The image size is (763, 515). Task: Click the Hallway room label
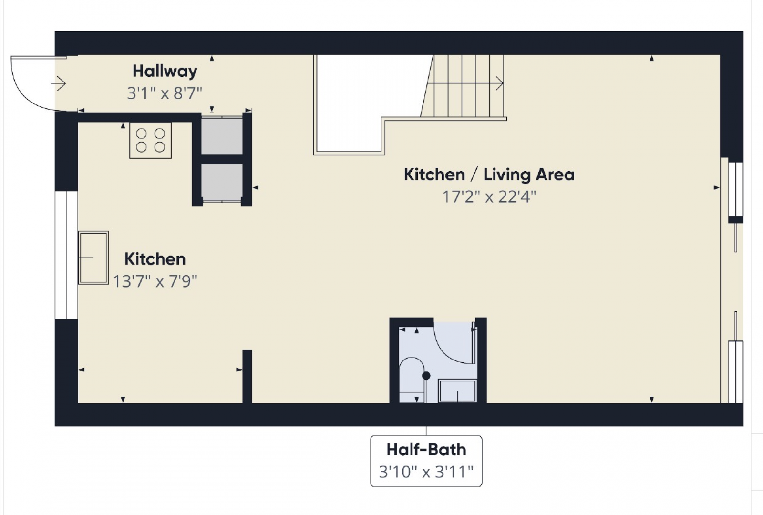tap(165, 71)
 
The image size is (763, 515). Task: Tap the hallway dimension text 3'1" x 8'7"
tap(165, 93)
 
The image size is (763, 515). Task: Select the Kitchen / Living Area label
tap(489, 175)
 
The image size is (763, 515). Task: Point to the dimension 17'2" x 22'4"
tap(489, 196)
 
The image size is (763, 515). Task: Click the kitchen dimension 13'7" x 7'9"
tap(155, 281)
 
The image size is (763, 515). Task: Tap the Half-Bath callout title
tap(426, 450)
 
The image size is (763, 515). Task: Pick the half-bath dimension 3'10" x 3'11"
tap(426, 472)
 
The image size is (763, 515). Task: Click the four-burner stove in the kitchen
tap(150, 140)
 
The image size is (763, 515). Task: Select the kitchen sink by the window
tap(93, 257)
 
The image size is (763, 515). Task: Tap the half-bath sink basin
tap(457, 391)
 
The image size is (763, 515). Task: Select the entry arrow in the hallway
tap(58, 83)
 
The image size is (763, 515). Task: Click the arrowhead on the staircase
tap(500, 83)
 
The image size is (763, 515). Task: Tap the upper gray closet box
tap(222, 135)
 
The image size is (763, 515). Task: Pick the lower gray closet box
tap(222, 183)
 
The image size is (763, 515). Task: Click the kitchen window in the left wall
tap(66, 255)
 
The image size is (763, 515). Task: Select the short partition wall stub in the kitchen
tap(247, 376)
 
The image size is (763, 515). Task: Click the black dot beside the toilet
tap(426, 376)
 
